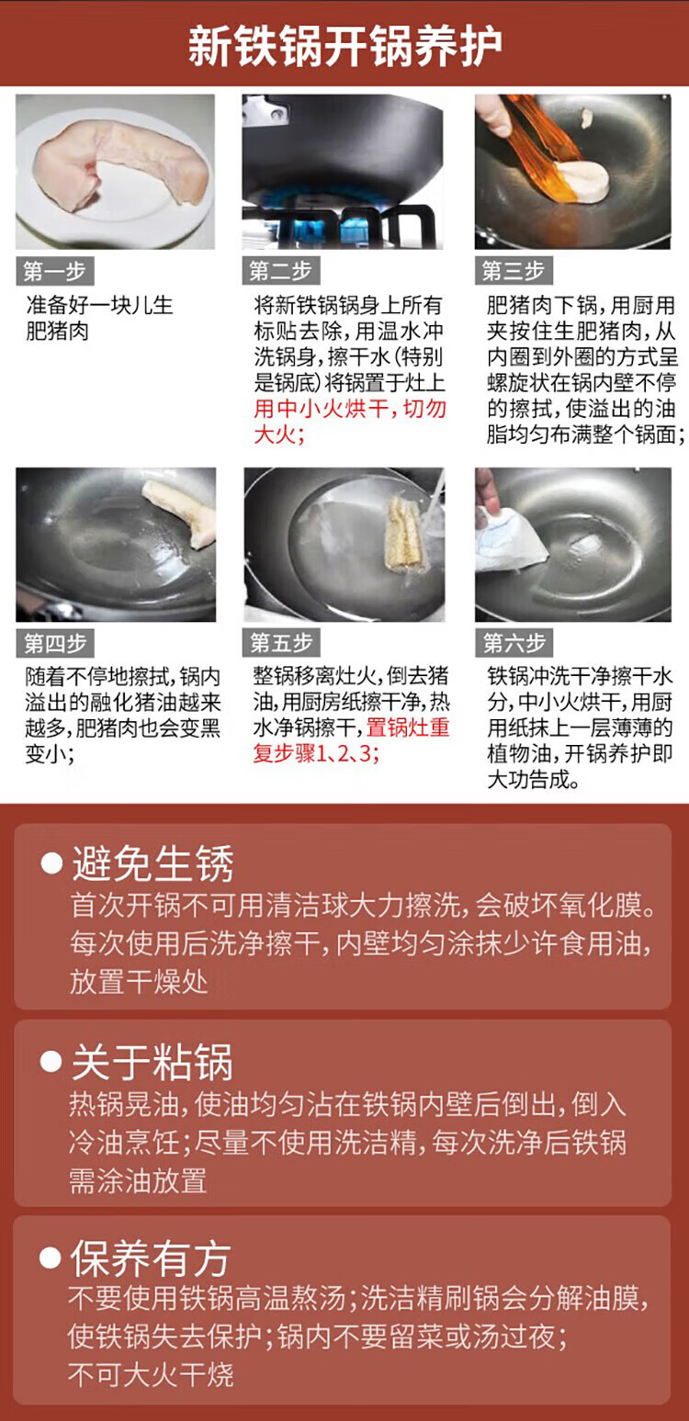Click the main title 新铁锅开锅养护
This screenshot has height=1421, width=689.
click(344, 46)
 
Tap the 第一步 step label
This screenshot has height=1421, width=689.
click(55, 271)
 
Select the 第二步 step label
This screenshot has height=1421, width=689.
click(281, 271)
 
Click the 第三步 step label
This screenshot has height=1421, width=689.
click(514, 271)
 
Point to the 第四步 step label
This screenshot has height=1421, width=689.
click(55, 643)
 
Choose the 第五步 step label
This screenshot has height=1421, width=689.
click(281, 643)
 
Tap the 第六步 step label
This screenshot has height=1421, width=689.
click(514, 643)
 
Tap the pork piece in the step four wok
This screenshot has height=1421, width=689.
click(181, 513)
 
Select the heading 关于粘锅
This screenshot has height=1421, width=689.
click(152, 1061)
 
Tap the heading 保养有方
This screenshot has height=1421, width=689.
click(151, 1258)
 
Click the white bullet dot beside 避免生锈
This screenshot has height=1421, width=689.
click(51, 863)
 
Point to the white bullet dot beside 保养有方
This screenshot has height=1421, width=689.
click(51, 1257)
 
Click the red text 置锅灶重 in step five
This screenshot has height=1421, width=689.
click(408, 727)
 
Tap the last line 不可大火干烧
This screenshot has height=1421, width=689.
click(151, 1374)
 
